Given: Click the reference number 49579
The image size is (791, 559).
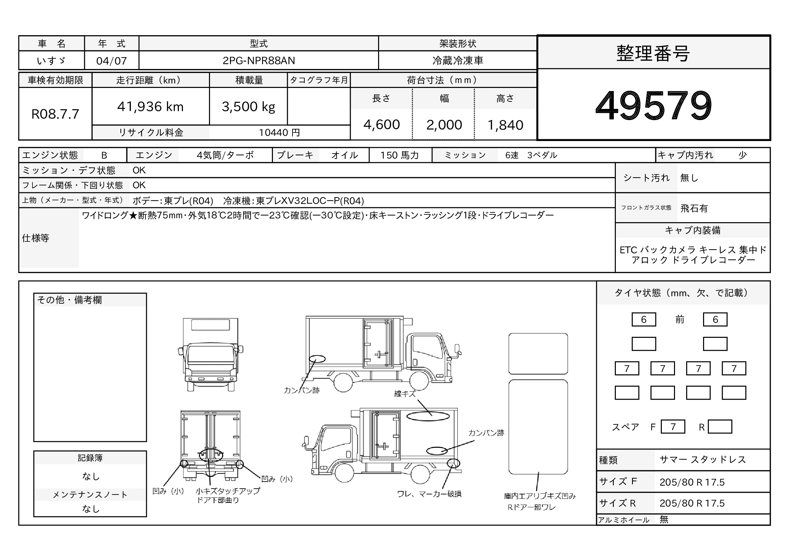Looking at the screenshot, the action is coord(654,105).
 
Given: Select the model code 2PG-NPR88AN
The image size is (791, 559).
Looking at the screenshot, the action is coord(259,61).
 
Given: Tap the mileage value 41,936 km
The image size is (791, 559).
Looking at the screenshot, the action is coord(150,107).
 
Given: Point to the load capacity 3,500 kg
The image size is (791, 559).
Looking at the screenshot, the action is coord(249,107).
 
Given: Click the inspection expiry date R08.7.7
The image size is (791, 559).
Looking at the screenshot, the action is coord(55,114).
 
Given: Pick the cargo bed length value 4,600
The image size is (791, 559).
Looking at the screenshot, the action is coord(381,125).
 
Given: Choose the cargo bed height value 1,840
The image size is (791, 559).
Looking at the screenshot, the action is coord(505,125).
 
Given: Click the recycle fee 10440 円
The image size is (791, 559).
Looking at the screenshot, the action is coord(279,133).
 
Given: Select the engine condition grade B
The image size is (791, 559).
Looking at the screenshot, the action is coord(104,155).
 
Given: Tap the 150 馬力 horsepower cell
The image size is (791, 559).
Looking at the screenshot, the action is coord(400,155).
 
